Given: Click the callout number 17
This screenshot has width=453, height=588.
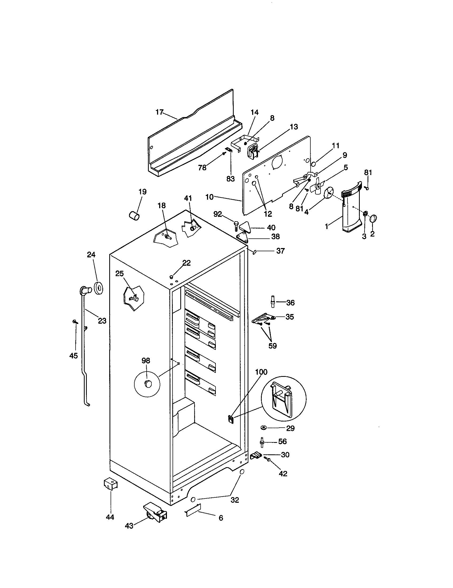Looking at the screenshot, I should pos(159,112).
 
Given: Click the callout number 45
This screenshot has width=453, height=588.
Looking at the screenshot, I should pos(73,356).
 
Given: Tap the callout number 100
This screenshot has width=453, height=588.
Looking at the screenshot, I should pos(261,372).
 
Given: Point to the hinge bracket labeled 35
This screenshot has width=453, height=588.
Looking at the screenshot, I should pos(263,318).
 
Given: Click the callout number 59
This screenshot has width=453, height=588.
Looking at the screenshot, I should pos(272,346).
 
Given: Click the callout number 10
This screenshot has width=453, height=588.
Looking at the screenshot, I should pos(209,197).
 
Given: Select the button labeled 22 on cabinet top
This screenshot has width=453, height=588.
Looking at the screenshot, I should pos(171,277).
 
